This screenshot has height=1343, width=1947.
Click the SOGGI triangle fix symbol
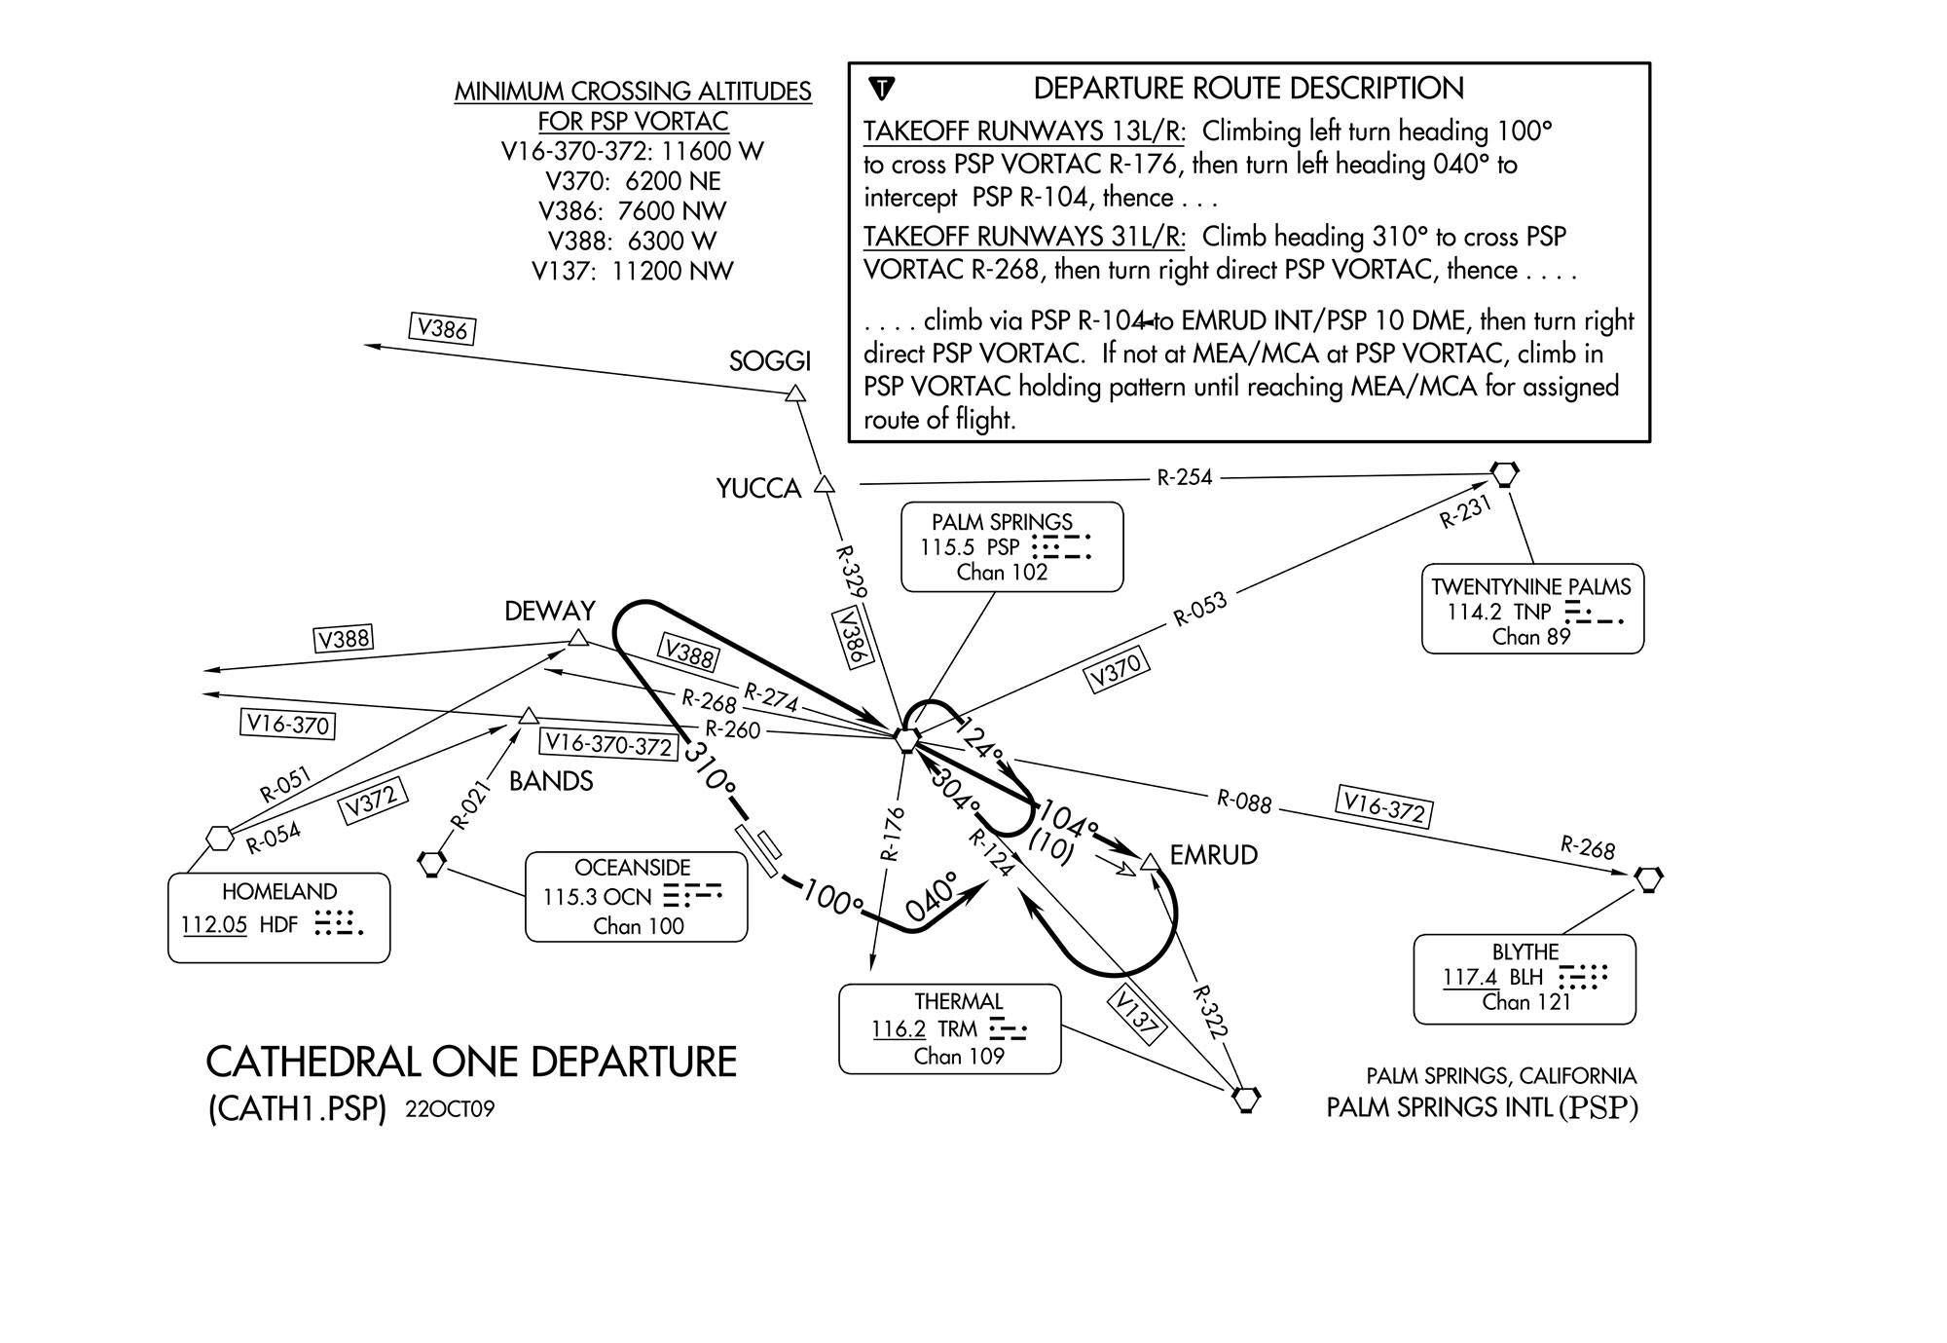795,393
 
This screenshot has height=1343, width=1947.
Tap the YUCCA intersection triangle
825,484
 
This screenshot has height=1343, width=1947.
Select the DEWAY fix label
549,611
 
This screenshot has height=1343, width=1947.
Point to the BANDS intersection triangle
528,717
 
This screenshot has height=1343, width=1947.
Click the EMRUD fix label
1213,855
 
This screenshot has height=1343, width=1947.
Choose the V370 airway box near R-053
1117,671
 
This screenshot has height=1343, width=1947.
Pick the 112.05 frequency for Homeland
214,924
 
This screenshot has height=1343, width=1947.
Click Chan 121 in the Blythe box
1525,1002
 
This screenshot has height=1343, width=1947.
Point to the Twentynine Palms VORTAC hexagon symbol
1505,474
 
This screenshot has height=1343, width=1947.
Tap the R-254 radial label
1184,477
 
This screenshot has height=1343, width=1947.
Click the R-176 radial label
892,834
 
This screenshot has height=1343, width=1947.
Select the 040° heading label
932,898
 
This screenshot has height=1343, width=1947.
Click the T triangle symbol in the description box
881,89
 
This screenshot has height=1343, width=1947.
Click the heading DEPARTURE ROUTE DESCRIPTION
1248,89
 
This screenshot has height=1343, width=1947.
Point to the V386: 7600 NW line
633,211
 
